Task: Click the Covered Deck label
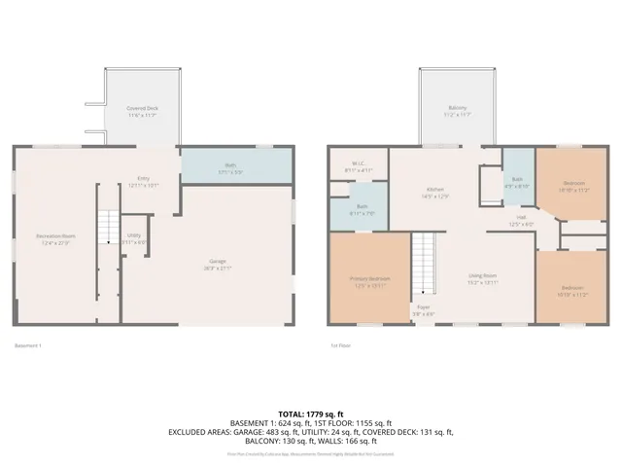point(143,110)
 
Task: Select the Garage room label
point(220,262)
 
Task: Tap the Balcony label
point(458,110)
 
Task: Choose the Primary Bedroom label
point(369,281)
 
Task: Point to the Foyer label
point(425,310)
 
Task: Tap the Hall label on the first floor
point(522,220)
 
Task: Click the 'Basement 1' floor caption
point(29,344)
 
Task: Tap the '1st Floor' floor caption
point(341,344)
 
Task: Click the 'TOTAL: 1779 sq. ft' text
point(311,414)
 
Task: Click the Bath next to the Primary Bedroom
point(361,209)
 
